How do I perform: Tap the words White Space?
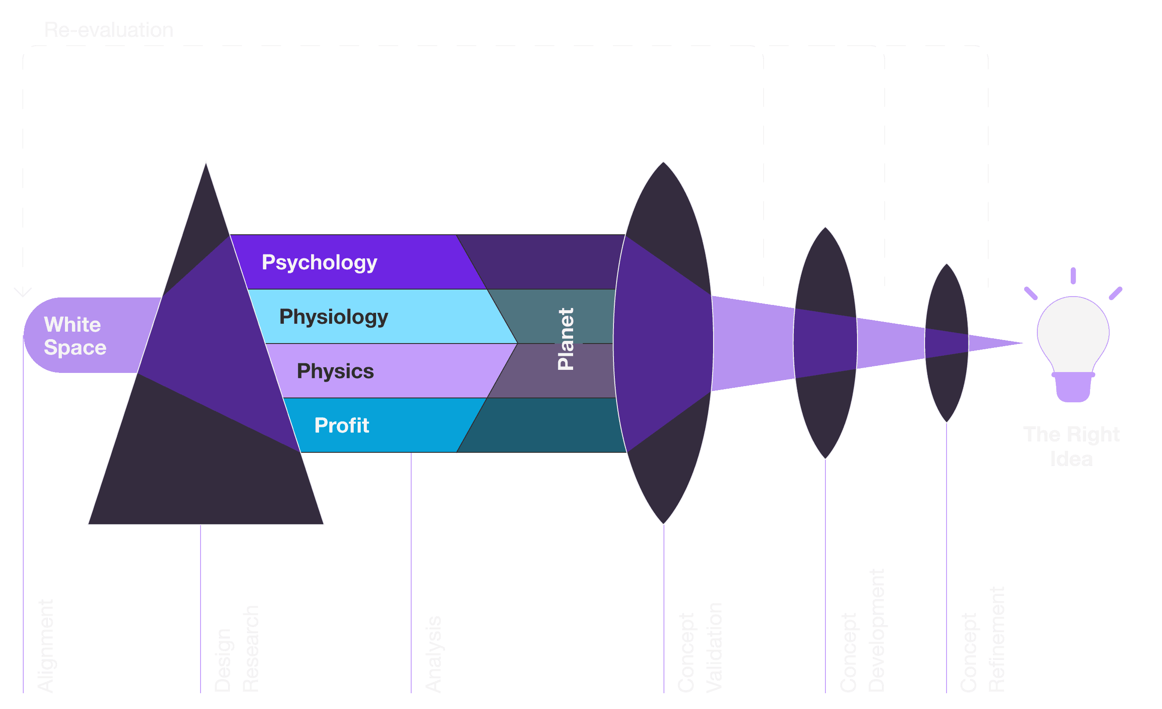tap(75, 336)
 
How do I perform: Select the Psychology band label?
tap(319, 262)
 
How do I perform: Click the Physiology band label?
tap(334, 317)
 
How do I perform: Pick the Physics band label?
tap(335, 371)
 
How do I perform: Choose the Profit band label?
tap(341, 425)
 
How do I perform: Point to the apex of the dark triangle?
tap(206, 163)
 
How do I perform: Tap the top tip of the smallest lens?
tap(947, 264)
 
